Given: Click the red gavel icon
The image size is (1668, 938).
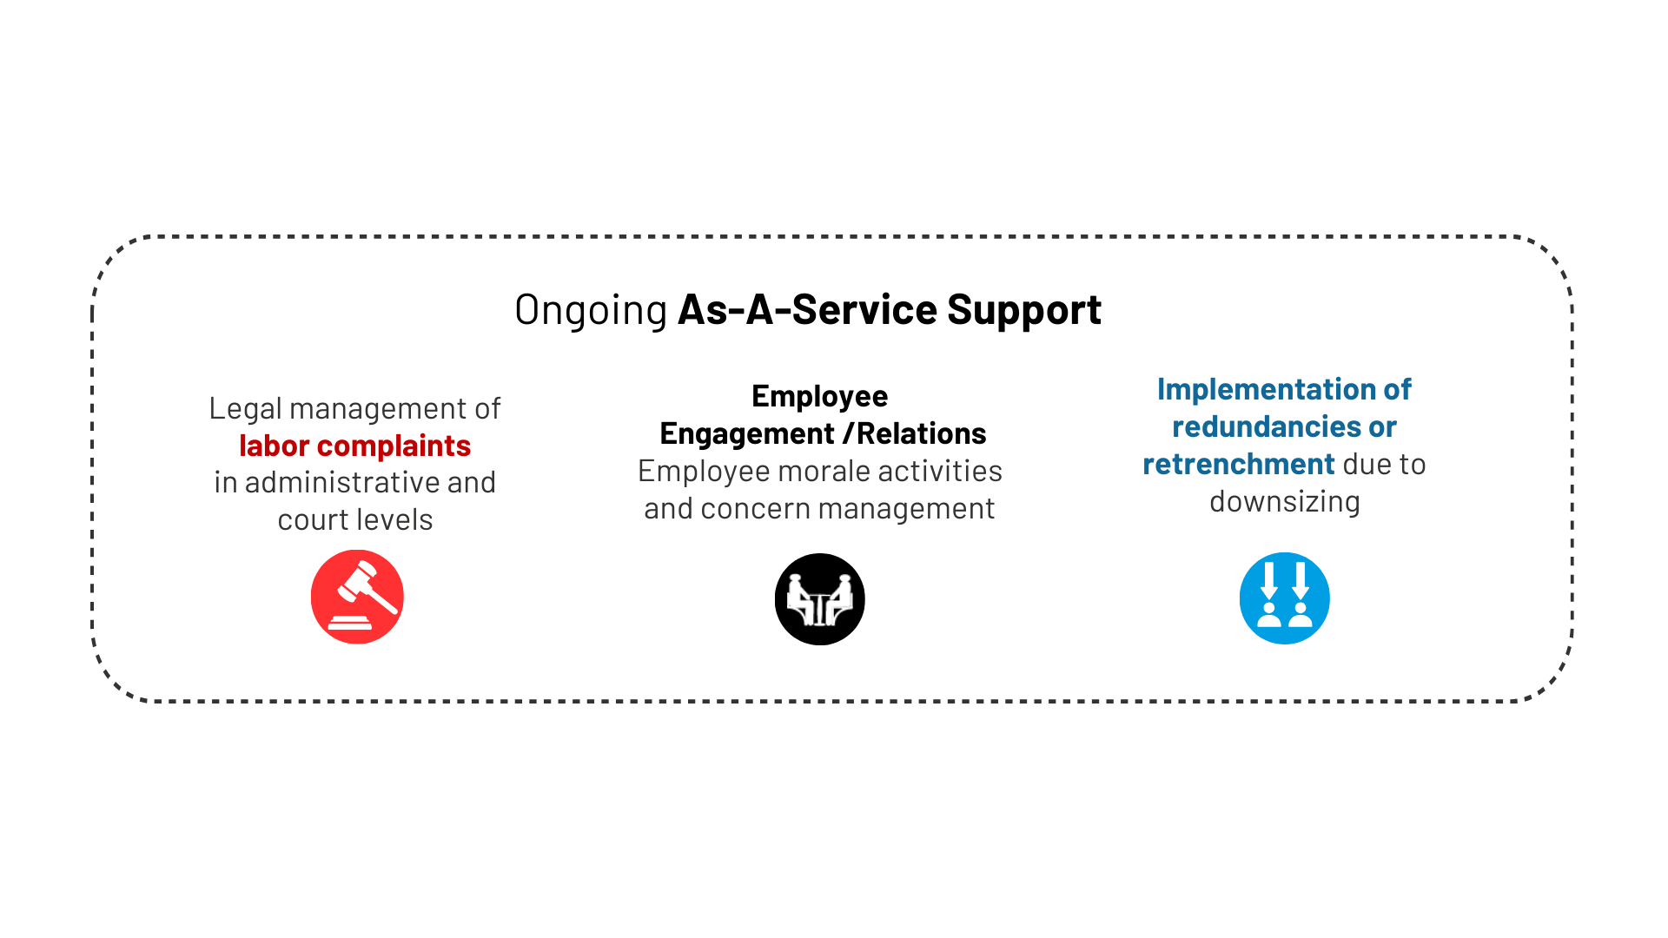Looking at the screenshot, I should [x=357, y=597].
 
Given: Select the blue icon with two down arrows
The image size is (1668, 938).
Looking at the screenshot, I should [x=1284, y=598].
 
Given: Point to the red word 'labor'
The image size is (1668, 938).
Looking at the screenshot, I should [x=274, y=446].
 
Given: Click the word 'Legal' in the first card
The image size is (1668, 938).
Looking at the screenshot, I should [x=245, y=409].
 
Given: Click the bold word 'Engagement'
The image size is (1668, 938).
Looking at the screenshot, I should [x=747, y=433].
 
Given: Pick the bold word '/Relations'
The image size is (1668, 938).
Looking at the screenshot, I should [x=915, y=433].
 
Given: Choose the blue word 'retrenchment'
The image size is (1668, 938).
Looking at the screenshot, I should [x=1238, y=464].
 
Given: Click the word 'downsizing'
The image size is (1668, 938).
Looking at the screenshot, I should [x=1284, y=501].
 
